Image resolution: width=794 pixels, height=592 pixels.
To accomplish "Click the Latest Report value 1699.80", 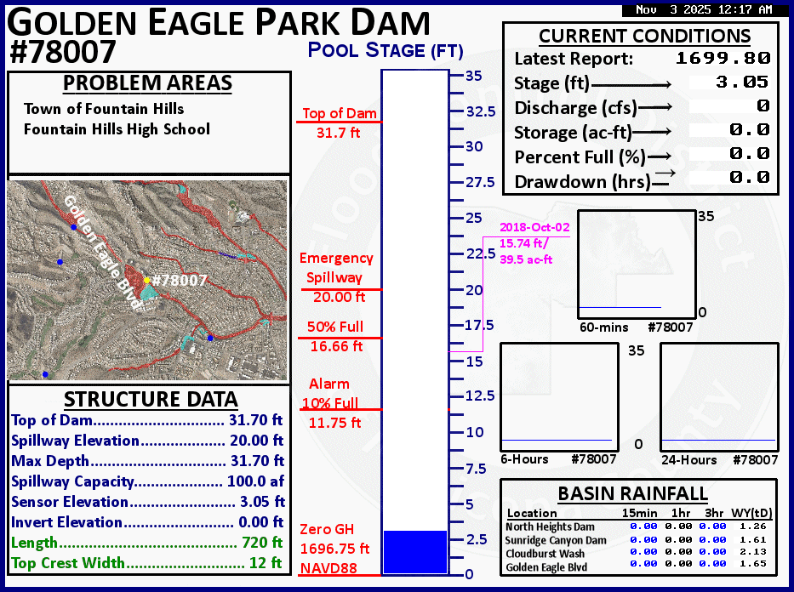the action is (723, 58).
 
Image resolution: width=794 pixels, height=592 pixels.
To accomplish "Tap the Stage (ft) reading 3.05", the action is (742, 82).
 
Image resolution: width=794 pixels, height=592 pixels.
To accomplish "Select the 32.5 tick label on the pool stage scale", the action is (481, 111).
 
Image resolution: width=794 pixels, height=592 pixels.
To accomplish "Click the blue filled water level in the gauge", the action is (414, 552).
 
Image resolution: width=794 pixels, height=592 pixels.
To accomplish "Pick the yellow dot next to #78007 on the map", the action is (147, 280).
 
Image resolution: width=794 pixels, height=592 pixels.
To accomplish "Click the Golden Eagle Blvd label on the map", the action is (102, 253).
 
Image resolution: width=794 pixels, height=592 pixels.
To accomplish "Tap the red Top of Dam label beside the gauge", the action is (340, 113).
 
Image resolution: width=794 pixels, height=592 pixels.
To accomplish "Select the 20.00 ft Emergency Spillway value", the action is (340, 297).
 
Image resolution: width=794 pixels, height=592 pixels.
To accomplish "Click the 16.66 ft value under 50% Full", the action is (337, 346).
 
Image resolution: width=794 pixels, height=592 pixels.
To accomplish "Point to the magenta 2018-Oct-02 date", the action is (534, 228).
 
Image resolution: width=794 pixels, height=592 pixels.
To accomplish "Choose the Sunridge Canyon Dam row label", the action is (556, 540).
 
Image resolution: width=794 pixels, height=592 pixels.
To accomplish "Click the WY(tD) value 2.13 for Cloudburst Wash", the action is (753, 551).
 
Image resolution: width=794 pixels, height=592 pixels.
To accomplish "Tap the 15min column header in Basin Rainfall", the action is (640, 513).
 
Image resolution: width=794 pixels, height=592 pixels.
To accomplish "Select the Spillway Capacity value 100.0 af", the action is (255, 481).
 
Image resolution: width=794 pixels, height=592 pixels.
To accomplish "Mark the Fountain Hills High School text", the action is (117, 129).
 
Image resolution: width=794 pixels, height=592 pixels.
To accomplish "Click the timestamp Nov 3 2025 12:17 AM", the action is (704, 9).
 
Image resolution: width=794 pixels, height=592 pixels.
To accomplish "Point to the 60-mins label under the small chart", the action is (604, 327).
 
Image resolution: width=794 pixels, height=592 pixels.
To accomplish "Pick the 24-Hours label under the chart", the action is (689, 460).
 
